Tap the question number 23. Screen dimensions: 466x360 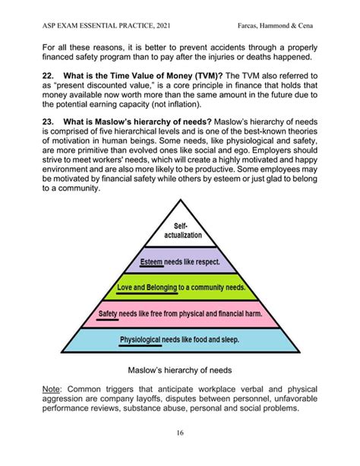point(50,143)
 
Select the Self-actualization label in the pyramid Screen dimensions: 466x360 point(182,231)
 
